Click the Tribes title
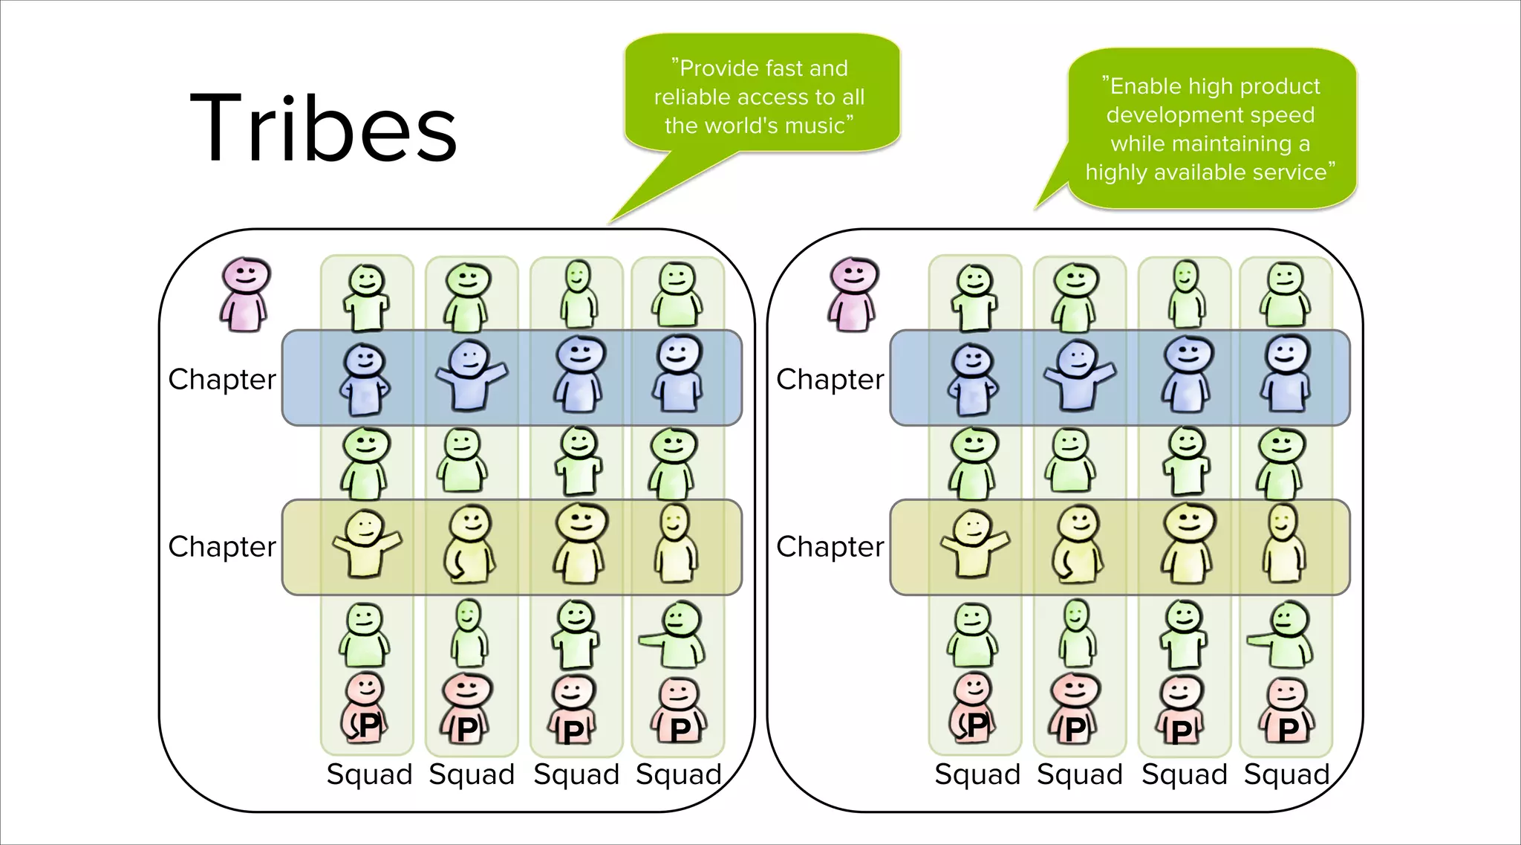point(323,128)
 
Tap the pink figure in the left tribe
point(245,294)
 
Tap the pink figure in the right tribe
point(853,294)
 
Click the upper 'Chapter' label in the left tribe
point(222,379)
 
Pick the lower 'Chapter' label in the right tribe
point(830,546)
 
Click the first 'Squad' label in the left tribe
point(369,774)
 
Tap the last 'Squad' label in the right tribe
point(1286,774)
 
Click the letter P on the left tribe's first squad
point(369,725)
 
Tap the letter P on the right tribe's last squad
point(1288,729)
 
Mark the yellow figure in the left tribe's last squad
point(675,544)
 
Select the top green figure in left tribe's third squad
point(578,294)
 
